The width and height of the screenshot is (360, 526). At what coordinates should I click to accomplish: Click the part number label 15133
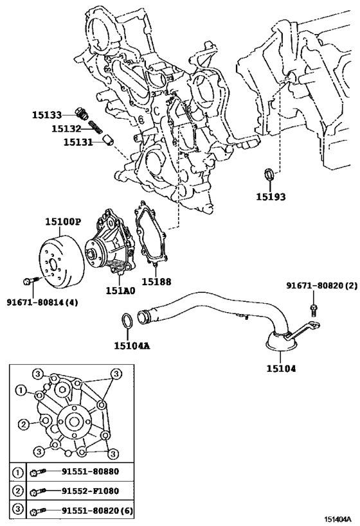pos(47,115)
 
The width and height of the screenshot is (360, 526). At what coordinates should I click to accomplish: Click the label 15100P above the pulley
pos(62,222)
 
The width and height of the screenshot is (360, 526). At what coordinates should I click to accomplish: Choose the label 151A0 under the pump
pos(120,290)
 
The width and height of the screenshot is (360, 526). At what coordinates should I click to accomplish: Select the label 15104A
pos(132,346)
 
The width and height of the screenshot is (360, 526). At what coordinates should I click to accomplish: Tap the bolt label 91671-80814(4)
pos(42,302)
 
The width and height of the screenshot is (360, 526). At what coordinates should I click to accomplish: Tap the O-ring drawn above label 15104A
pos(128,320)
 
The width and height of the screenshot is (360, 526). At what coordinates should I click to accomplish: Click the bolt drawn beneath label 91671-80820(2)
pos(313,310)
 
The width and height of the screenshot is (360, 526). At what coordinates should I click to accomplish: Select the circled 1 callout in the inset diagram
pos(22,390)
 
